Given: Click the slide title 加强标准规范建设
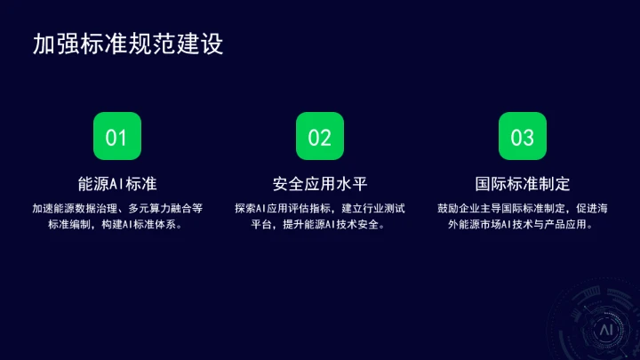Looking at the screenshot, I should click(127, 44).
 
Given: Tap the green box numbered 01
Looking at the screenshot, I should click(117, 137).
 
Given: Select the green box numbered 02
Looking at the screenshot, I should click(319, 137).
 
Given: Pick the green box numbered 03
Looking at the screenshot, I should click(522, 137).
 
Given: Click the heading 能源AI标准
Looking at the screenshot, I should click(117, 185).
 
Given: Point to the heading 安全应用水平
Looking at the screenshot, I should click(319, 185).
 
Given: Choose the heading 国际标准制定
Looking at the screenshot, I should click(522, 185).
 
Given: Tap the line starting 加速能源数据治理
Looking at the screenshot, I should click(117, 208).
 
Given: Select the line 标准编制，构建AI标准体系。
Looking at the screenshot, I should click(117, 225).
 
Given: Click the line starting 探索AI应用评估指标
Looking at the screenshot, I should click(319, 208).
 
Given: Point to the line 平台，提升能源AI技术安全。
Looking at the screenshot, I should click(319, 225).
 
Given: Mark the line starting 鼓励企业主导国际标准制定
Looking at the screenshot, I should click(522, 208).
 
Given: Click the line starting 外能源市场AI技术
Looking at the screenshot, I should click(522, 225).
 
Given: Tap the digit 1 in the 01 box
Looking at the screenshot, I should click(123, 137).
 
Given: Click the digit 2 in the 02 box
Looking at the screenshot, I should click(325, 137).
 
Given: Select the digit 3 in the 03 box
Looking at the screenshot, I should click(528, 137).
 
